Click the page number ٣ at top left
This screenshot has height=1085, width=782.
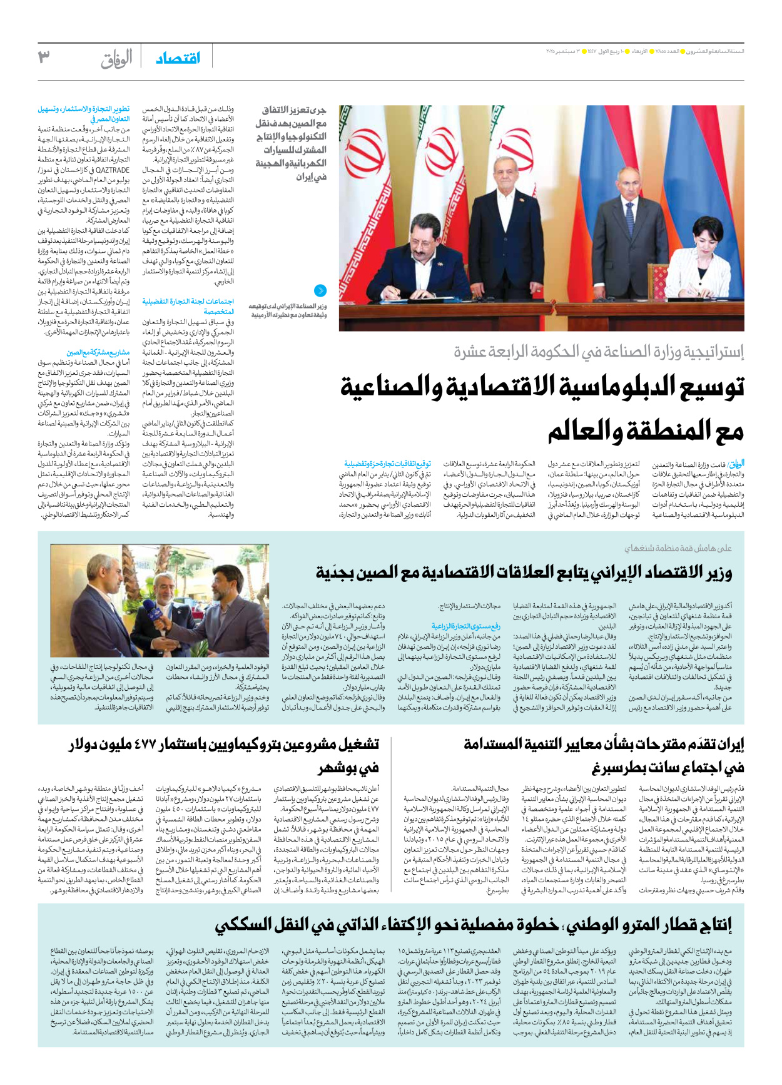point(44,58)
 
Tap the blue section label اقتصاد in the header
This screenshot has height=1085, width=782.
point(178,58)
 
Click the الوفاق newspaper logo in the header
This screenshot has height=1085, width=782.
point(117,59)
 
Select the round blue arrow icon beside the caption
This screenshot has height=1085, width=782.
point(320,290)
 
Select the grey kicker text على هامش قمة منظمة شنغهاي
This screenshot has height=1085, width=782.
point(678,548)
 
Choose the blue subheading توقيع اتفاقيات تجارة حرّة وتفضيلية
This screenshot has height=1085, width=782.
point(388,464)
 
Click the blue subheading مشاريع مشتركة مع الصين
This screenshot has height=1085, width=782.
point(98,352)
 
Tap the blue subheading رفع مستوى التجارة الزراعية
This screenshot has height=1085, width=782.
point(466,626)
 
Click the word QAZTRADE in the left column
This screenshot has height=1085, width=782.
point(113,170)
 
